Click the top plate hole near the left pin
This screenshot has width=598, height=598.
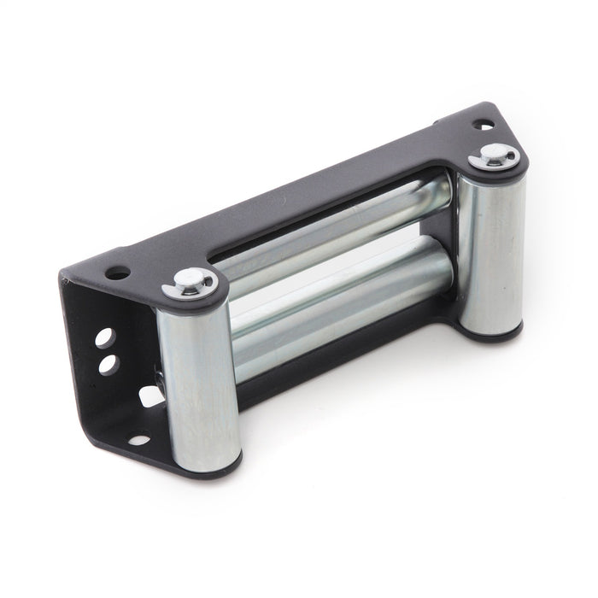pyautogui.click(x=118, y=273)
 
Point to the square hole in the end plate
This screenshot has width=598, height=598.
pyautogui.click(x=147, y=395)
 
